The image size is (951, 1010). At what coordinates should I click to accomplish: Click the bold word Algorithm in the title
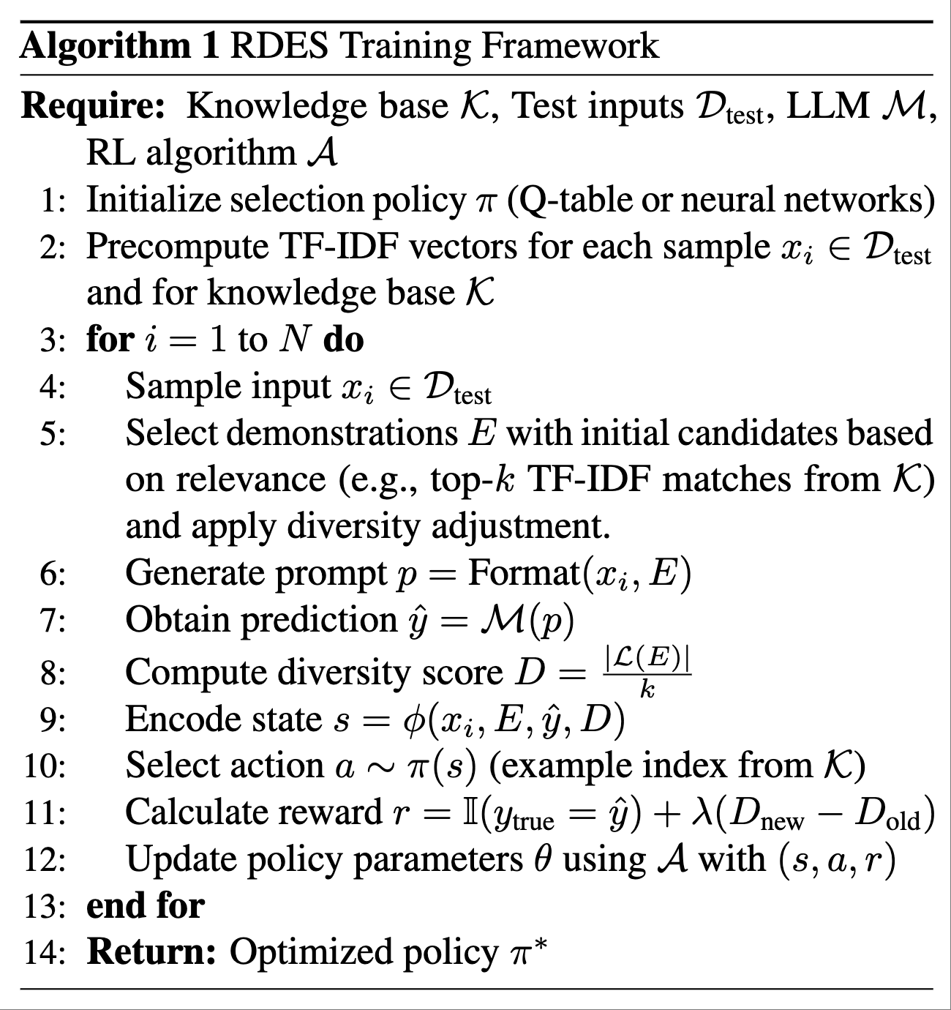click(x=105, y=47)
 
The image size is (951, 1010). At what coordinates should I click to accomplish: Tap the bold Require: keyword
click(x=93, y=107)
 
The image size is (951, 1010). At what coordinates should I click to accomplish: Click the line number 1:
click(x=53, y=201)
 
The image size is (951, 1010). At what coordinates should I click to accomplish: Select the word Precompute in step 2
click(x=178, y=247)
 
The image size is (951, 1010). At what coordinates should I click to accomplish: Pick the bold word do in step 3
click(x=343, y=340)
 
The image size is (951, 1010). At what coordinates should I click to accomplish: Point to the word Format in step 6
click(x=525, y=573)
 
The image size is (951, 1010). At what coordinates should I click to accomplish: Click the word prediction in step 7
click(x=319, y=621)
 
